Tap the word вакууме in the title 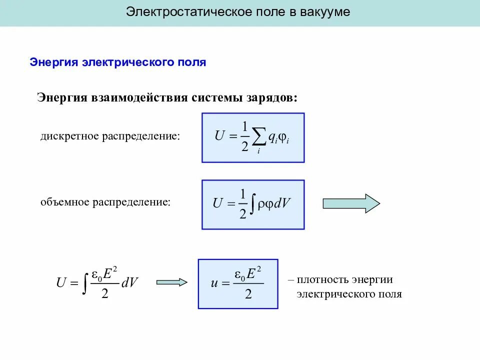click(x=325, y=12)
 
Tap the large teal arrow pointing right click(x=351, y=203)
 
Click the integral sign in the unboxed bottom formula click(x=86, y=282)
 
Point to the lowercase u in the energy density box click(x=214, y=283)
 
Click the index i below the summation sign click(x=258, y=151)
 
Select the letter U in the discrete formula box click(x=219, y=135)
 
